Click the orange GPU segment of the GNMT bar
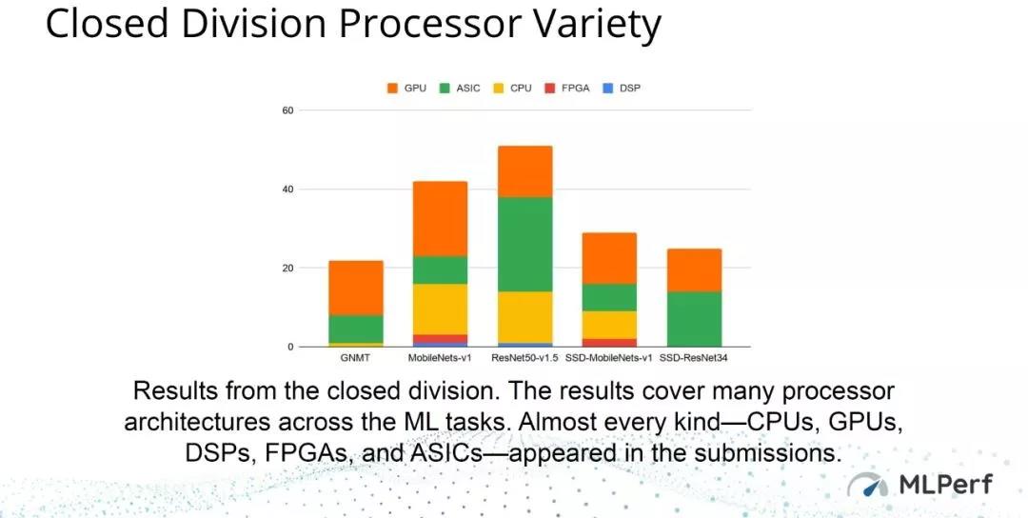pos(356,288)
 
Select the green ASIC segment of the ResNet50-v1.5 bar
pos(525,244)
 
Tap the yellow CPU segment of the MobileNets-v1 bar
pos(441,309)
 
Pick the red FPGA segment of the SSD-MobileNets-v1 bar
pos(610,342)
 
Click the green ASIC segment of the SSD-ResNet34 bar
pos(694,319)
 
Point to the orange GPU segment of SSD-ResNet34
pos(694,270)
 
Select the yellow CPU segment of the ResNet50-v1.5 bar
pos(525,317)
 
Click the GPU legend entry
pos(406,88)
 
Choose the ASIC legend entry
pos(460,88)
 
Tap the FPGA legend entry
pos(567,88)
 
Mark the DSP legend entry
pos(622,88)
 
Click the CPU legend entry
pos(513,88)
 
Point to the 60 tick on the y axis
pos(287,110)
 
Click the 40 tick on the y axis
pos(287,189)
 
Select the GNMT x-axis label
pos(355,358)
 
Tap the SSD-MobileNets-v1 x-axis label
pos(610,358)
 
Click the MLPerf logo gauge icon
pos(867,486)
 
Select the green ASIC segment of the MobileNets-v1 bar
pos(441,269)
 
